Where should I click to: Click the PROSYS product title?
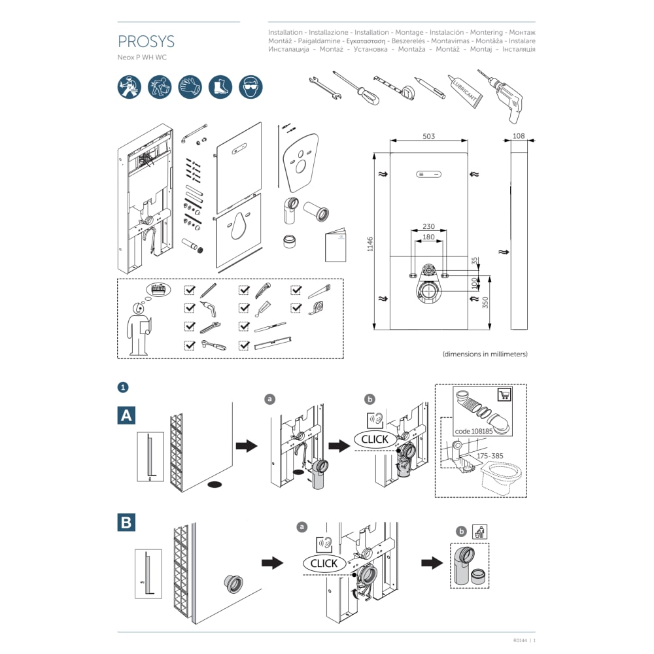(x=146, y=42)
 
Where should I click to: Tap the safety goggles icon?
(x=250, y=86)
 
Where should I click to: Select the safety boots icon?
(x=220, y=86)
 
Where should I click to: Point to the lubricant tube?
(x=465, y=91)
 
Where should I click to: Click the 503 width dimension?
(x=428, y=136)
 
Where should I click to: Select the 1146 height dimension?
(x=370, y=245)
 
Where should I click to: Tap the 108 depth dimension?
(x=519, y=136)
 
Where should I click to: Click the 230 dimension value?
(x=428, y=226)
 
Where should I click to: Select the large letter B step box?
(x=126, y=522)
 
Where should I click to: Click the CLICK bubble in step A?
(x=375, y=439)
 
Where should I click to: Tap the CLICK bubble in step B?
(x=324, y=563)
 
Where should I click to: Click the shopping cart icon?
(x=504, y=394)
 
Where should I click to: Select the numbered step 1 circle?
(x=122, y=388)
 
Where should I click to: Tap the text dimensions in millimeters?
(x=485, y=354)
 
